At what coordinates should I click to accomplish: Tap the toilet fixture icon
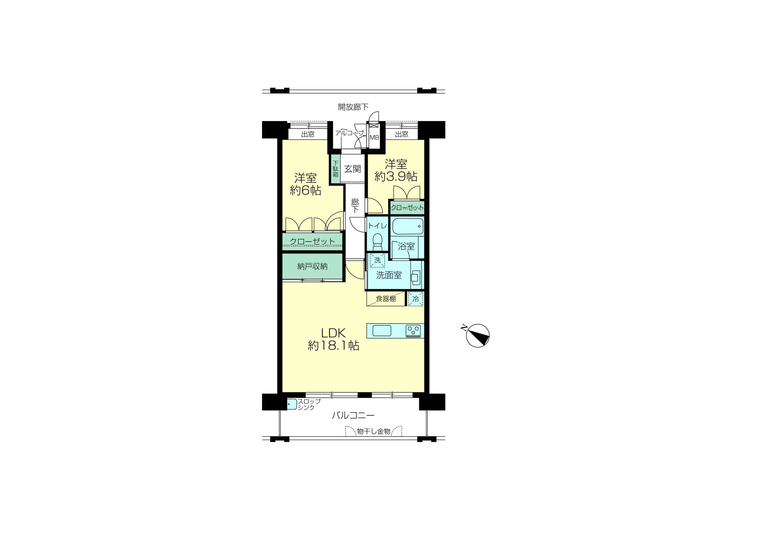pyautogui.click(x=377, y=242)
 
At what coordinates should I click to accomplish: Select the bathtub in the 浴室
pyautogui.click(x=408, y=226)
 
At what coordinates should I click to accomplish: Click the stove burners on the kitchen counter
pyautogui.click(x=413, y=331)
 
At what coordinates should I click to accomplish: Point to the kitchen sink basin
pyautogui.click(x=382, y=331)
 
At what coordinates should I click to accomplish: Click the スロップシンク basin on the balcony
pyautogui.click(x=292, y=404)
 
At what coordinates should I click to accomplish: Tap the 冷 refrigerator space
pyautogui.click(x=416, y=299)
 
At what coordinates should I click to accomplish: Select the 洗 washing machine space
pyautogui.click(x=377, y=260)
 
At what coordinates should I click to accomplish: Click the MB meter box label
pyautogui.click(x=374, y=138)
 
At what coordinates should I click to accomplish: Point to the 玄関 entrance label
pyautogui.click(x=352, y=169)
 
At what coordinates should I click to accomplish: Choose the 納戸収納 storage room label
pyautogui.click(x=312, y=267)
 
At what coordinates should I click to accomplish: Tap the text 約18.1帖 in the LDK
pyautogui.click(x=333, y=345)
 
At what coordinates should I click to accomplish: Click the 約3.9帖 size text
pyautogui.click(x=396, y=177)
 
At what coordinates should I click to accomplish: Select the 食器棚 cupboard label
pyautogui.click(x=386, y=299)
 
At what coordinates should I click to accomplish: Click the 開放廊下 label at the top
pyautogui.click(x=353, y=107)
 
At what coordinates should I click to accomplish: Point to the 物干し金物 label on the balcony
pyautogui.click(x=373, y=431)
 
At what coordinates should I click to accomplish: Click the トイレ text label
pyautogui.click(x=378, y=226)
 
